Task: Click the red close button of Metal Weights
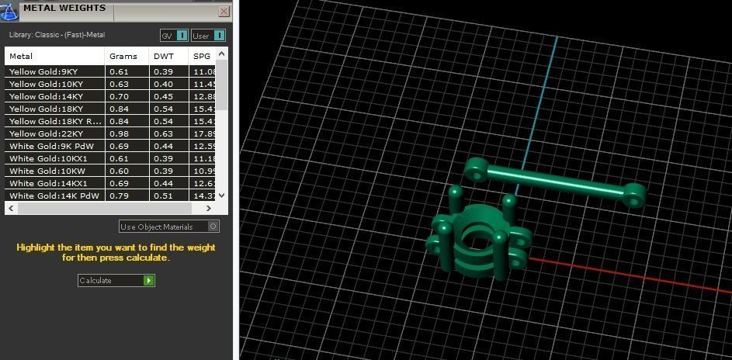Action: (224, 12)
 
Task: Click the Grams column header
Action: (123, 56)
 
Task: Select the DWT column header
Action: (163, 56)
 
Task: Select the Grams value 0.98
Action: (119, 133)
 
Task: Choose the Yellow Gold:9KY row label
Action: (43, 71)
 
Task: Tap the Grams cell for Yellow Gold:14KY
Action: (119, 96)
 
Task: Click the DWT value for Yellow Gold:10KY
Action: (163, 84)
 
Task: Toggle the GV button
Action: (174, 36)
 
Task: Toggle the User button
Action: (208, 36)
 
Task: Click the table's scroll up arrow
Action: (222, 54)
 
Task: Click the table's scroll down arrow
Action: (222, 196)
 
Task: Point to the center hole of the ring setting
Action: (476, 241)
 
